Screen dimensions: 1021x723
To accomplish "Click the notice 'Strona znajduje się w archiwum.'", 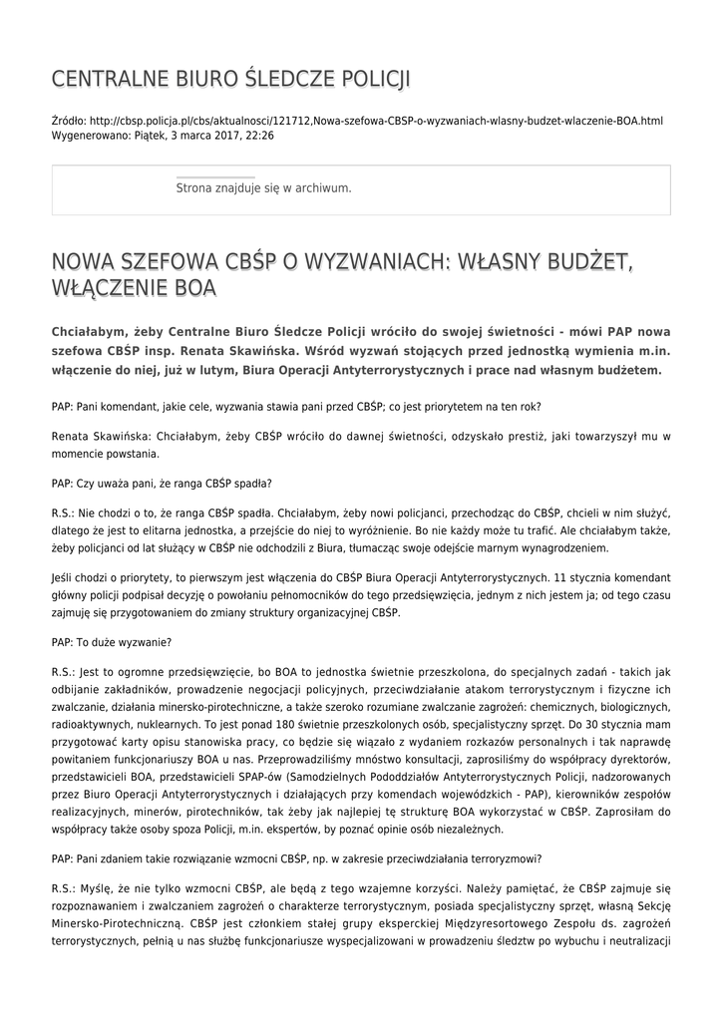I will coord(263,187).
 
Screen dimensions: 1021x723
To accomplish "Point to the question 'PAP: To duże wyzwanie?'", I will coord(112,642).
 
